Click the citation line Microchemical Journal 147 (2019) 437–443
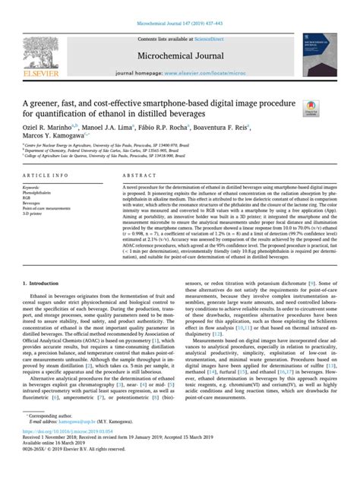179,7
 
